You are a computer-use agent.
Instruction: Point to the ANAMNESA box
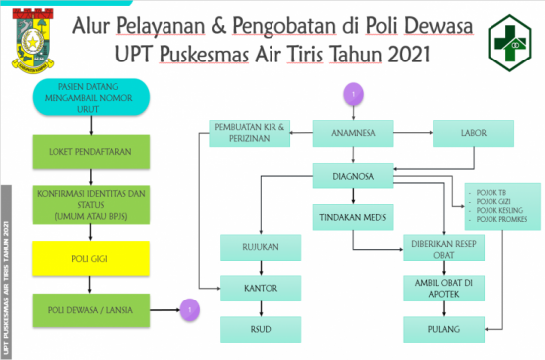[354, 132]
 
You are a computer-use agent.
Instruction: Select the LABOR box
[473, 132]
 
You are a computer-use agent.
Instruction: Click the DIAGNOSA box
[354, 177]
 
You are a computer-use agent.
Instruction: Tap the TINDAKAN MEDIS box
[354, 217]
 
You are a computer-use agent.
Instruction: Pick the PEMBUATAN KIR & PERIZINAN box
[250, 133]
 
